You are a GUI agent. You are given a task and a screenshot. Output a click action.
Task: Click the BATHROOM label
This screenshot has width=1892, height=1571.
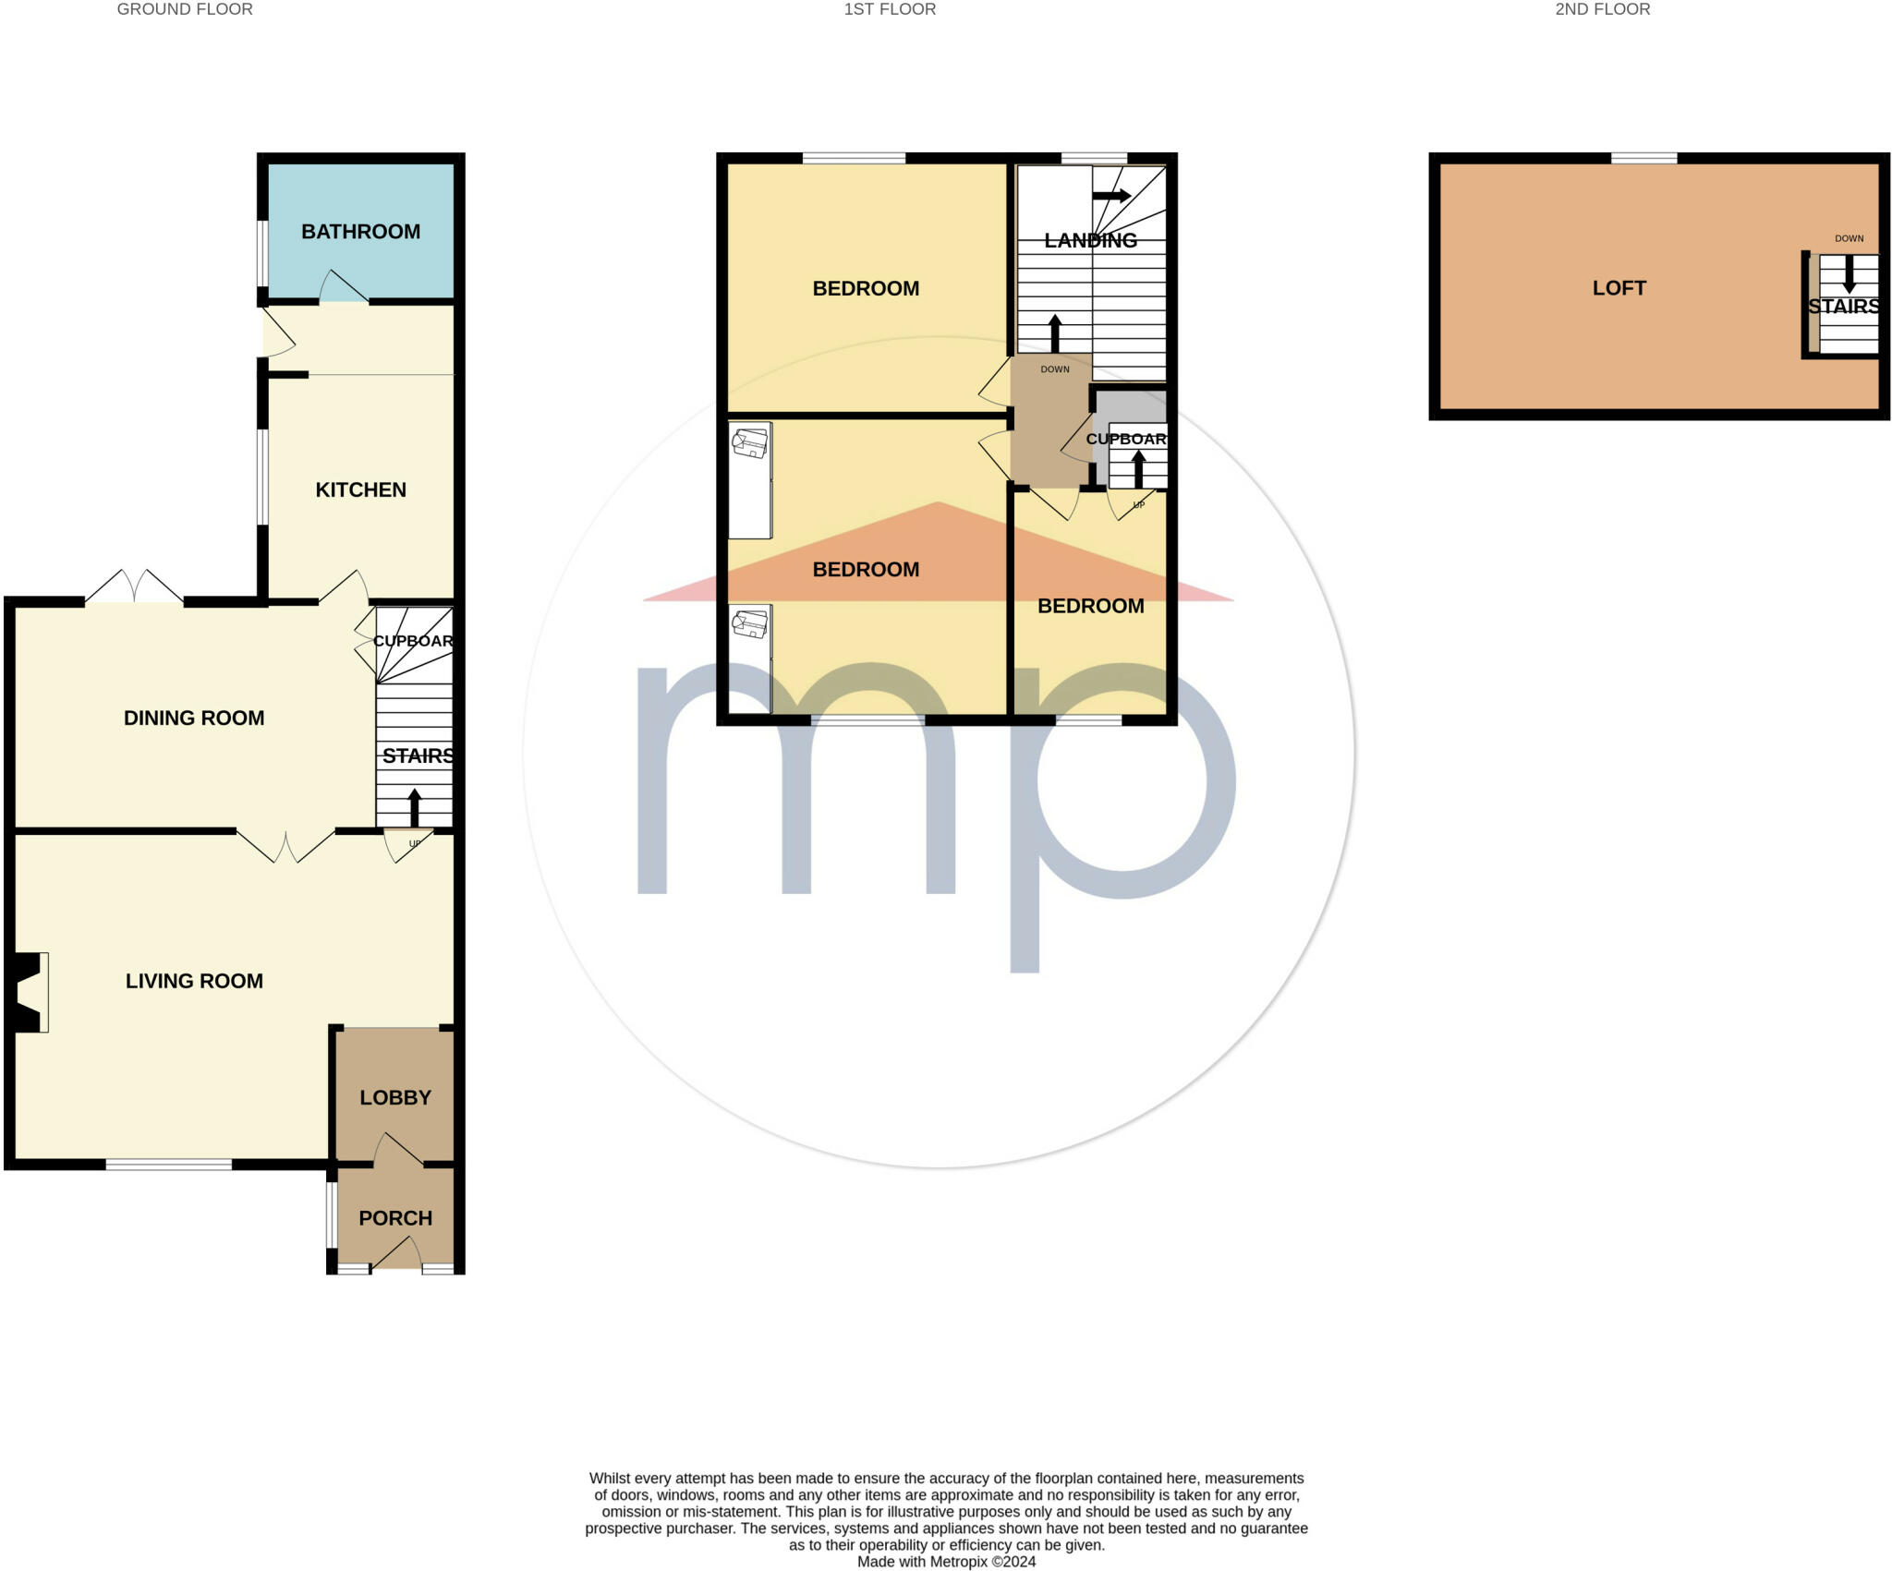pyautogui.click(x=360, y=232)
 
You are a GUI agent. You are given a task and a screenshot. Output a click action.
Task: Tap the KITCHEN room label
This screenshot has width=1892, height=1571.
pyautogui.click(x=360, y=489)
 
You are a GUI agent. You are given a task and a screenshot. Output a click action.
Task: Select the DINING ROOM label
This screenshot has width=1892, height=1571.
pyautogui.click(x=194, y=718)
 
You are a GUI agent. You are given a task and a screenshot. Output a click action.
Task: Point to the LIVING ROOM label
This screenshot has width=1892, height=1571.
pyautogui.click(x=194, y=981)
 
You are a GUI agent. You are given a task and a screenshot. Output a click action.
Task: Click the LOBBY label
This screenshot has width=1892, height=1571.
pyautogui.click(x=395, y=1097)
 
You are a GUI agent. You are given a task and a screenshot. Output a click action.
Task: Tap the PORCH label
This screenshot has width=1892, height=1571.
pyautogui.click(x=395, y=1218)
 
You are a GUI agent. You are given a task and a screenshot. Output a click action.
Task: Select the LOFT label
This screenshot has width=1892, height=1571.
pyautogui.click(x=1619, y=288)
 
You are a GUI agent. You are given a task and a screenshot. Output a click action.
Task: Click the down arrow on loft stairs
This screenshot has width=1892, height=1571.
pyautogui.click(x=1849, y=274)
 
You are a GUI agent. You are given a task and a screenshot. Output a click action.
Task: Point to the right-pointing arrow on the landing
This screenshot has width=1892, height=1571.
pyautogui.click(x=1111, y=196)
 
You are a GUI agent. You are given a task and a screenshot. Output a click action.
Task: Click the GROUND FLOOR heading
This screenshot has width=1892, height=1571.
pyautogui.click(x=185, y=9)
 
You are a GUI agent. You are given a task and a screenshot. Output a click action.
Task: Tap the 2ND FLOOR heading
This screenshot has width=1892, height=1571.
pyautogui.click(x=1602, y=9)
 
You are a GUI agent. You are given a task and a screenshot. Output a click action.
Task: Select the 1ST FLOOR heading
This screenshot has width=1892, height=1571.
pyautogui.click(x=890, y=9)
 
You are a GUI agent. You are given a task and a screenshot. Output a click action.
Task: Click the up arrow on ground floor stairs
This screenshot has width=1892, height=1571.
pyautogui.click(x=414, y=806)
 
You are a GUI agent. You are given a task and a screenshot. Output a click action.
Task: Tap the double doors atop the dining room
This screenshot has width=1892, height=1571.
pyautogui.click(x=135, y=587)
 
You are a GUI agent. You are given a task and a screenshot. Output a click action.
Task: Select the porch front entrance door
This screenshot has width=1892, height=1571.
pyautogui.click(x=397, y=1253)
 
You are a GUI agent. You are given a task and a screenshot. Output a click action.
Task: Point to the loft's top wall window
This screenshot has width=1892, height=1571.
pyautogui.click(x=1643, y=159)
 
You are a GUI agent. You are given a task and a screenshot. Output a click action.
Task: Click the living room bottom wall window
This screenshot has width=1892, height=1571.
pyautogui.click(x=168, y=1165)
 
